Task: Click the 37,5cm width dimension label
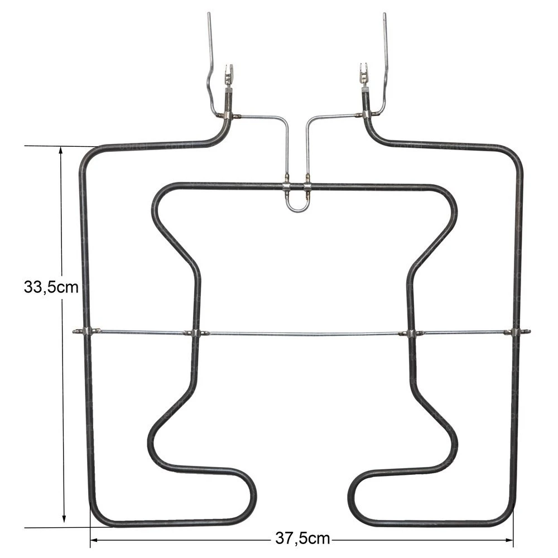pyautogui.click(x=302, y=538)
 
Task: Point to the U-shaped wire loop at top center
pyautogui.click(x=296, y=205)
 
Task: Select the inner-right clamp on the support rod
pyautogui.click(x=411, y=333)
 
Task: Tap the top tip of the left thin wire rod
pyautogui.click(x=209, y=14)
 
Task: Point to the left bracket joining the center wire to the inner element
pyautogui.click(x=286, y=186)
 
